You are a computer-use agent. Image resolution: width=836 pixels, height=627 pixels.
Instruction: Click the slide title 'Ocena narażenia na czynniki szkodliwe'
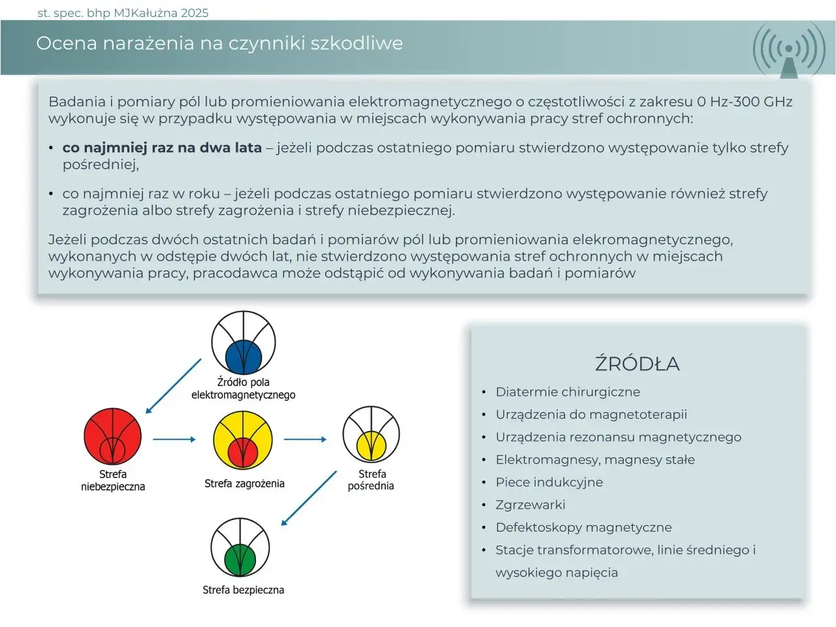[219, 43]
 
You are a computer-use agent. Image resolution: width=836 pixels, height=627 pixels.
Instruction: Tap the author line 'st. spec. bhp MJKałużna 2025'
[123, 12]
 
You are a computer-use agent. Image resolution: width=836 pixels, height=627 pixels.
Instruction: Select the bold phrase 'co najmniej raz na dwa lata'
[162, 148]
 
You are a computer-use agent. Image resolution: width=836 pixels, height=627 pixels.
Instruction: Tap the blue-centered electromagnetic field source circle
[244, 342]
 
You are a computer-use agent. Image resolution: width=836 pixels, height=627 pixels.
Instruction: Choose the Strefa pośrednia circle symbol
[371, 436]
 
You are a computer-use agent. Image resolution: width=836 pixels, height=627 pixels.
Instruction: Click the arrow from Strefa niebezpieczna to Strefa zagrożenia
[174, 440]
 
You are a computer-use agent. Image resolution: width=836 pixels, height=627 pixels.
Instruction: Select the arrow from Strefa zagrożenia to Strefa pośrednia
[305, 440]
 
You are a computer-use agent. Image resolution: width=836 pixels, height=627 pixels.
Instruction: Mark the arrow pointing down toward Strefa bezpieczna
[308, 498]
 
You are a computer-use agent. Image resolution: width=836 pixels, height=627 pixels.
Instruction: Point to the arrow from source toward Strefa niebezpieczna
[173, 386]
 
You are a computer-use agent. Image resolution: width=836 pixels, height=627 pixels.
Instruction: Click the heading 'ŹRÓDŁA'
[637, 364]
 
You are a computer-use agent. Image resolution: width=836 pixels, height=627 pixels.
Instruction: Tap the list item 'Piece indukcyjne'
[549, 482]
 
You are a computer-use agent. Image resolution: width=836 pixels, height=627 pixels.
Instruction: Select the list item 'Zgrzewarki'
[530, 505]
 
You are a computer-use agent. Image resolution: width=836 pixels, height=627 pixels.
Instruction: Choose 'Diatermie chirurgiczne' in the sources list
[568, 392]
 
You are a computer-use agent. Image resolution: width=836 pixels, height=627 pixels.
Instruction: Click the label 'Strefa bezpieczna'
[243, 590]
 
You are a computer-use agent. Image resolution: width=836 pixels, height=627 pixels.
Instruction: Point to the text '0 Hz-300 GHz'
[745, 102]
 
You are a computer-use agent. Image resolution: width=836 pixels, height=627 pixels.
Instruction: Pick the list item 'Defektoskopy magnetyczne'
[583, 527]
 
